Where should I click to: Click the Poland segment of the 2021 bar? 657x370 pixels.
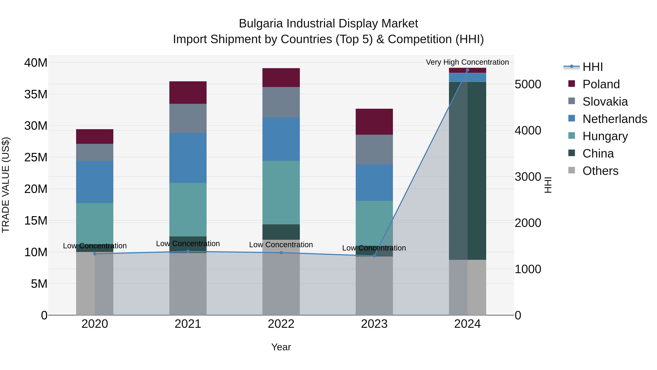(x=188, y=92)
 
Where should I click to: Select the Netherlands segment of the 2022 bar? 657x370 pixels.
(x=281, y=139)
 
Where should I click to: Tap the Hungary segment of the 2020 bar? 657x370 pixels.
(x=95, y=223)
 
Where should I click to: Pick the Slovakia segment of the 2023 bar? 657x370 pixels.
(x=374, y=149)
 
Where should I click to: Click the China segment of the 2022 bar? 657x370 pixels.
(x=281, y=232)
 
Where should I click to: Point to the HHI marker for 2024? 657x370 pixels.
(x=467, y=70)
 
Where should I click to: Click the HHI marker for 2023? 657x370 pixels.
(x=374, y=256)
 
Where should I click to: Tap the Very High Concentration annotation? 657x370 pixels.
(x=467, y=62)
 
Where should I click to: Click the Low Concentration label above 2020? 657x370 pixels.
(x=95, y=246)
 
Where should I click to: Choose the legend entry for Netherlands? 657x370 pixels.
(x=615, y=119)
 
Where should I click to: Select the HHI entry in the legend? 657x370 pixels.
(x=592, y=67)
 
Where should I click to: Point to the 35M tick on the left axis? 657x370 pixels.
(x=36, y=94)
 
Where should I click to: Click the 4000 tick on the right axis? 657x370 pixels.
(x=528, y=130)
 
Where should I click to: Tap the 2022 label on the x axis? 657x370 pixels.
(x=281, y=324)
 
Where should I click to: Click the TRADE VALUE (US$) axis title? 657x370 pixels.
(x=6, y=185)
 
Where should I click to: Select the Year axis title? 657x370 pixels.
(x=281, y=347)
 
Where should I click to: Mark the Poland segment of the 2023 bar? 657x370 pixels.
(x=374, y=122)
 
